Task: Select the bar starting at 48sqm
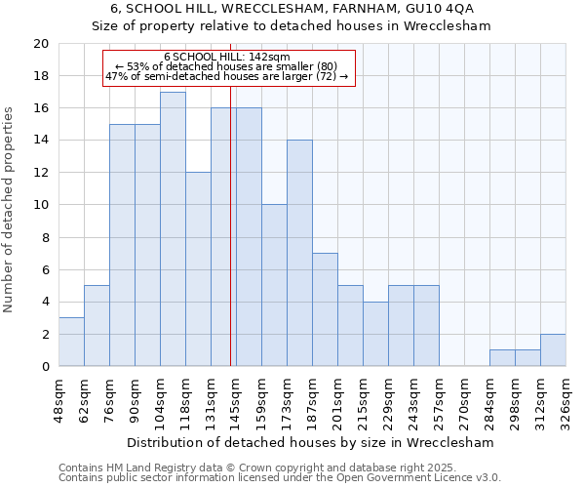71,342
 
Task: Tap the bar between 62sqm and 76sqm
97,326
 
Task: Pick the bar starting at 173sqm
299,254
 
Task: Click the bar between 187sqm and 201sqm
325,309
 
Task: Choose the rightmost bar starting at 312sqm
553,350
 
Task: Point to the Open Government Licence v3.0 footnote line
280,477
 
